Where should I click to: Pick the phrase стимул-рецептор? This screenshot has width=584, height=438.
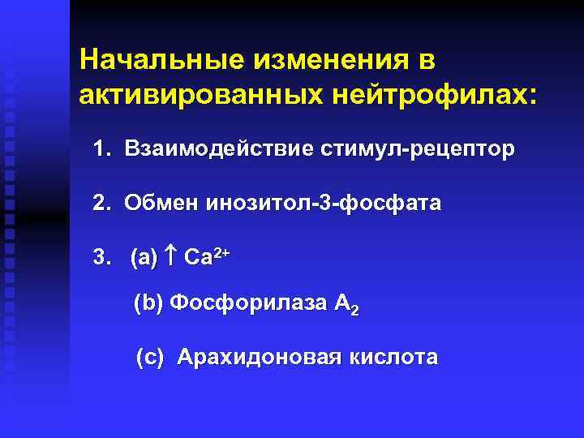coord(419,150)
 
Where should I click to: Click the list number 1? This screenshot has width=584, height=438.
coord(101,150)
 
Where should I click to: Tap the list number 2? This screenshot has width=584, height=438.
coord(101,204)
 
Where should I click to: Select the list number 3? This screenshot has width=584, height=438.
coord(101,258)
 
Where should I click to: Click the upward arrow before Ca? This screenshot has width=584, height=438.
coord(170,258)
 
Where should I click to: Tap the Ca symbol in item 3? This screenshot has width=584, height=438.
coord(198,259)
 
